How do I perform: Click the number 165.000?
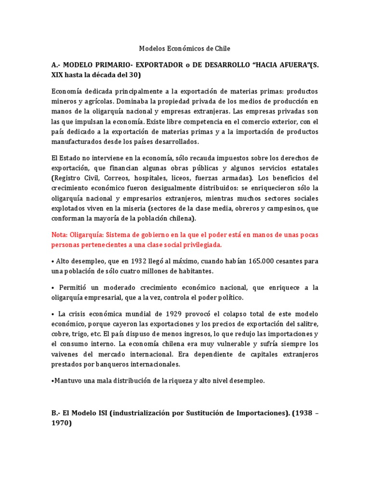click(x=264, y=261)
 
